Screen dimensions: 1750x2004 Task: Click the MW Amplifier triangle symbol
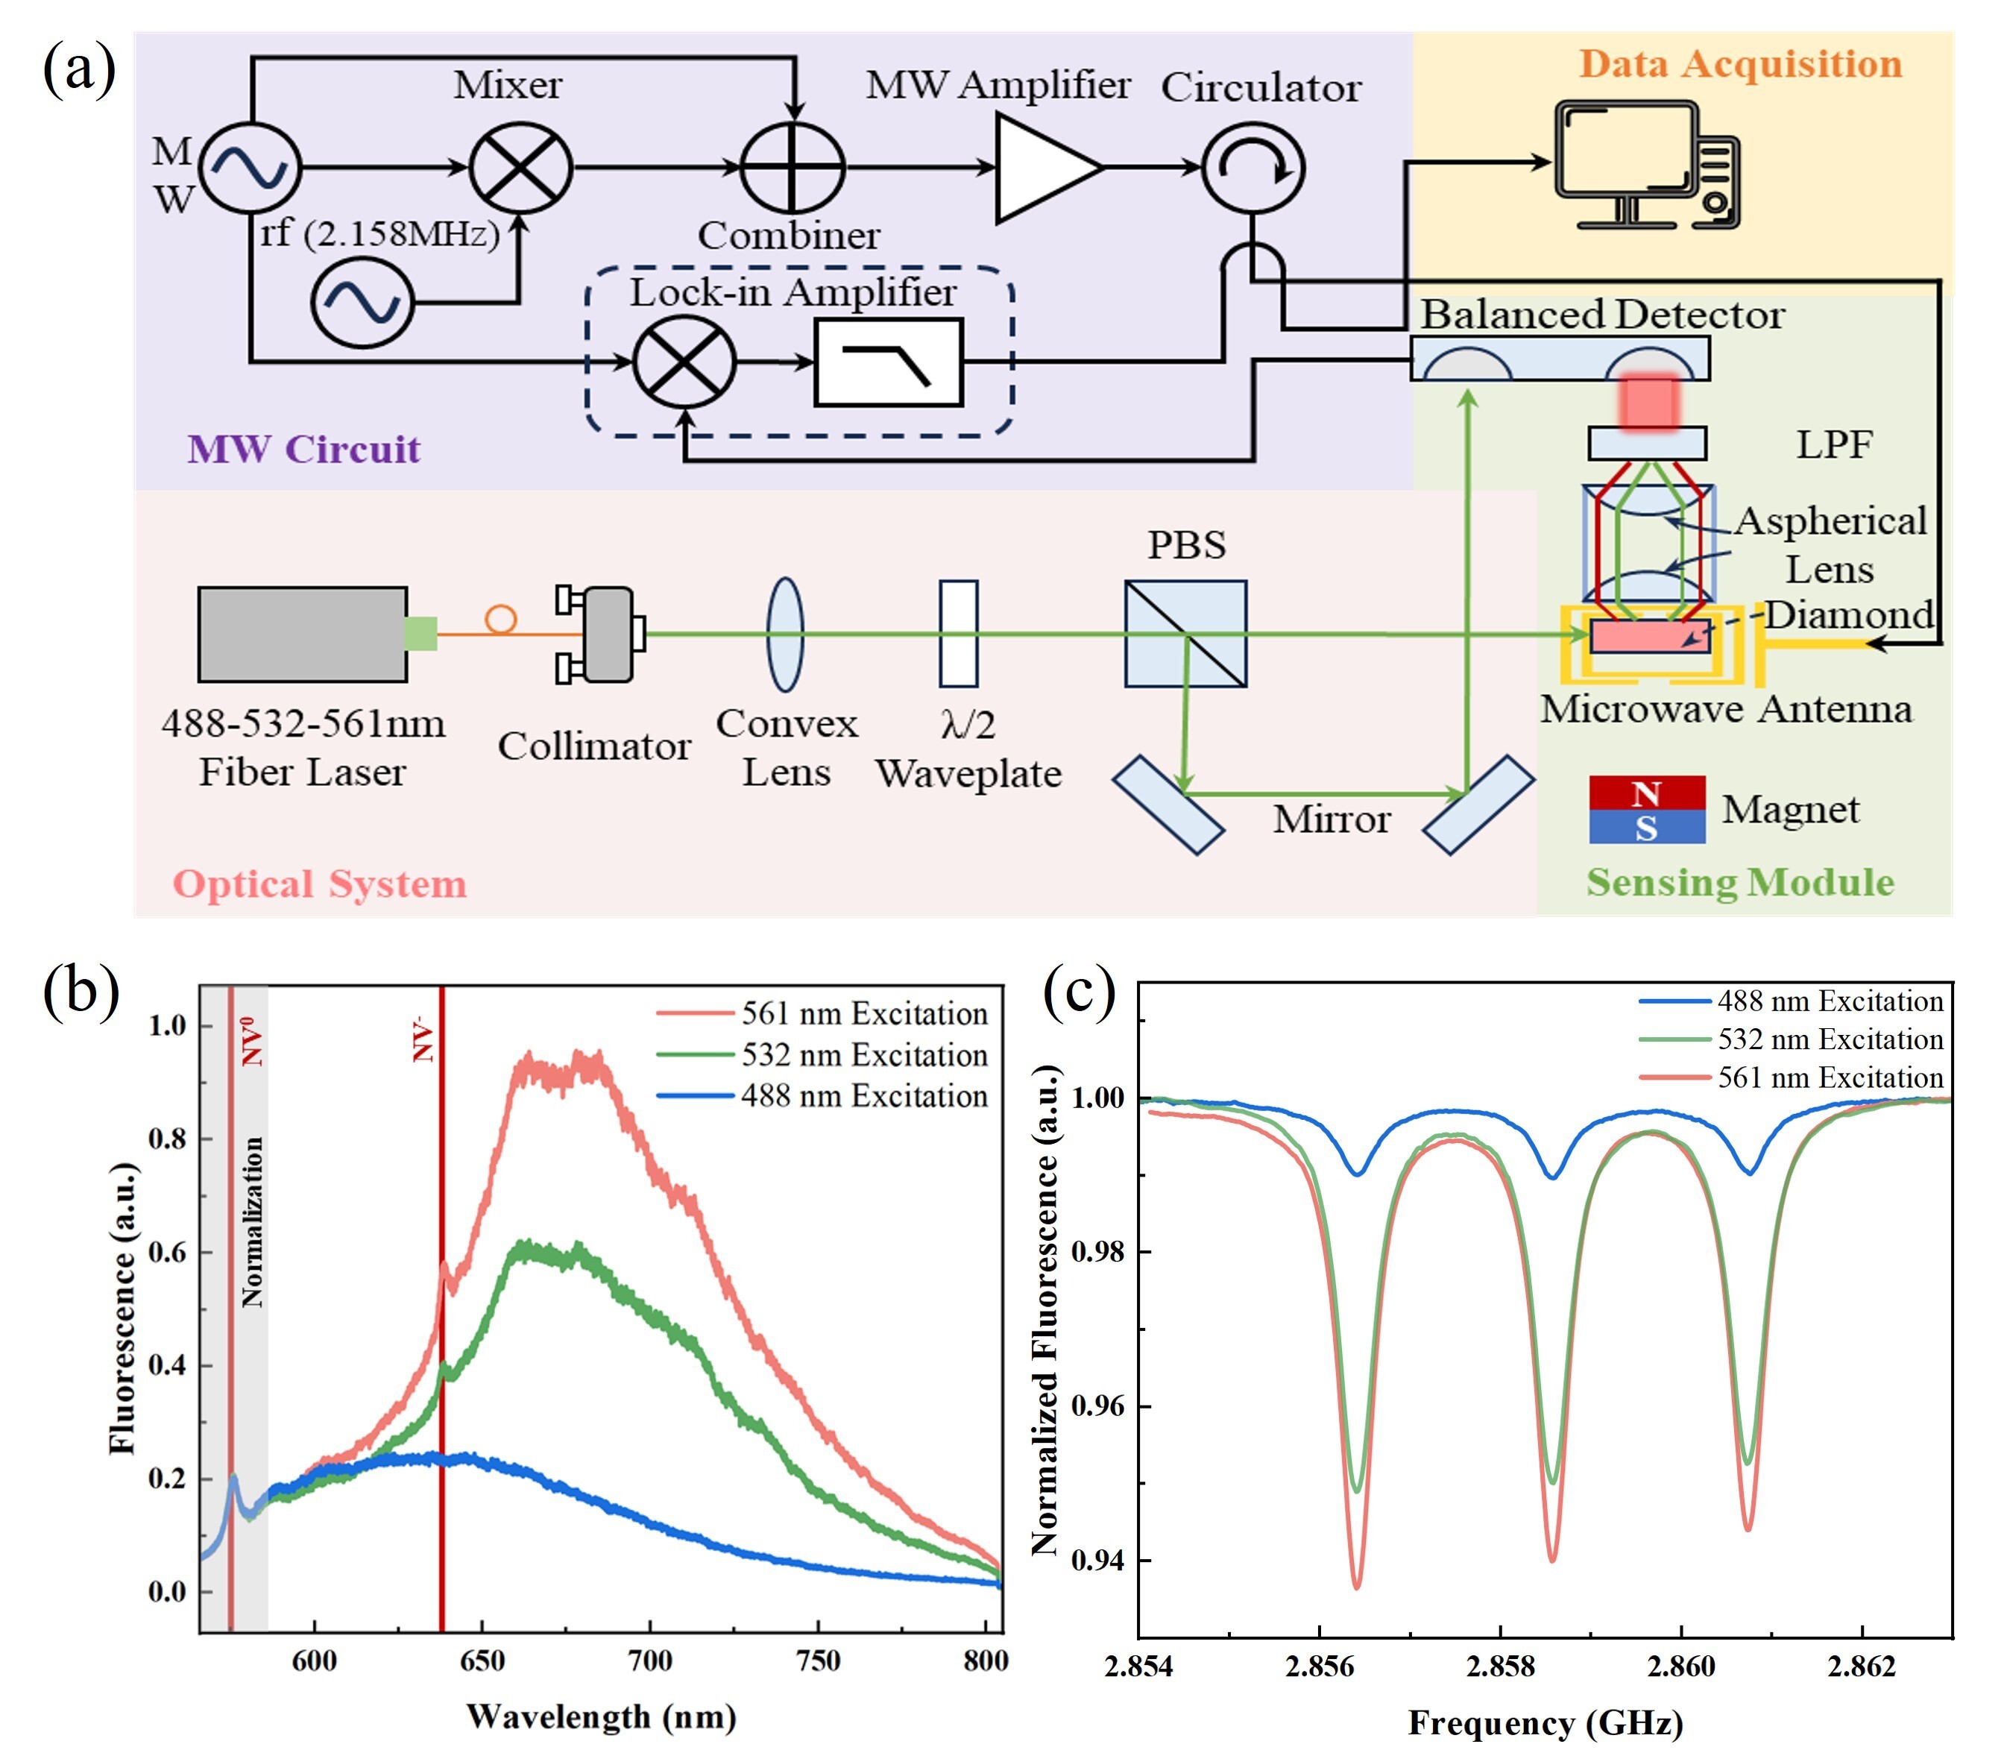(x=1043, y=168)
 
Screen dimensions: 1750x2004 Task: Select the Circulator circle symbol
(x=1252, y=168)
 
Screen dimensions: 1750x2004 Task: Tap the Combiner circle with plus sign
(x=792, y=168)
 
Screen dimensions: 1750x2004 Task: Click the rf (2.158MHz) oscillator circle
(x=362, y=302)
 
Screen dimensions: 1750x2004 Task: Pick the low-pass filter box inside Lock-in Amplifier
(x=888, y=362)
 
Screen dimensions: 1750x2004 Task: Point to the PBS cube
(x=1185, y=634)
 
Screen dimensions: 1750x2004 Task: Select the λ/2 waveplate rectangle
(x=958, y=634)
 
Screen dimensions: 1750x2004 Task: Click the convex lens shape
(x=785, y=634)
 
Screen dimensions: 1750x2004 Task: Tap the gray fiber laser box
(x=303, y=634)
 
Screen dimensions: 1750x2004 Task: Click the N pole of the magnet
(x=1647, y=793)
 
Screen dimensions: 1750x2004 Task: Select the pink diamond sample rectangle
(x=1649, y=636)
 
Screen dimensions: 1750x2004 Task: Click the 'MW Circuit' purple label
(x=303, y=449)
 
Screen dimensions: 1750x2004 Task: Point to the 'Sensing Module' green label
(x=1739, y=882)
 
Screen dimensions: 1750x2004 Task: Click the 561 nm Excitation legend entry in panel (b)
(x=863, y=1013)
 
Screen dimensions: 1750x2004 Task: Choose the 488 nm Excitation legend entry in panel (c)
(x=1830, y=1001)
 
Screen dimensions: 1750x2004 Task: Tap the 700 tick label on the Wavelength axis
(x=649, y=1661)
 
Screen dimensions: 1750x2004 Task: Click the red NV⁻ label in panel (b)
(x=423, y=1039)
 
